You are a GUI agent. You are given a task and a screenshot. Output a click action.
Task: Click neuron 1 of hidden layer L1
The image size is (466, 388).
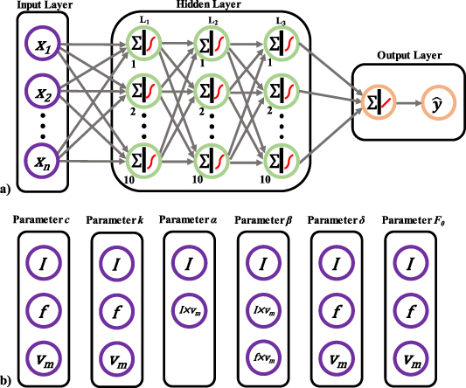143,43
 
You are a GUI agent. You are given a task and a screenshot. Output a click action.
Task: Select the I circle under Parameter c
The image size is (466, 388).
43,261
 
